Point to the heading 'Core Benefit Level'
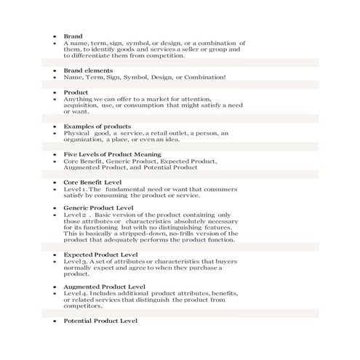click(x=92, y=182)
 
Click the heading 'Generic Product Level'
click(x=98, y=208)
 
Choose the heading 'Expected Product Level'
click(x=100, y=256)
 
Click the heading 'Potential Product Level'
click(x=100, y=320)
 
